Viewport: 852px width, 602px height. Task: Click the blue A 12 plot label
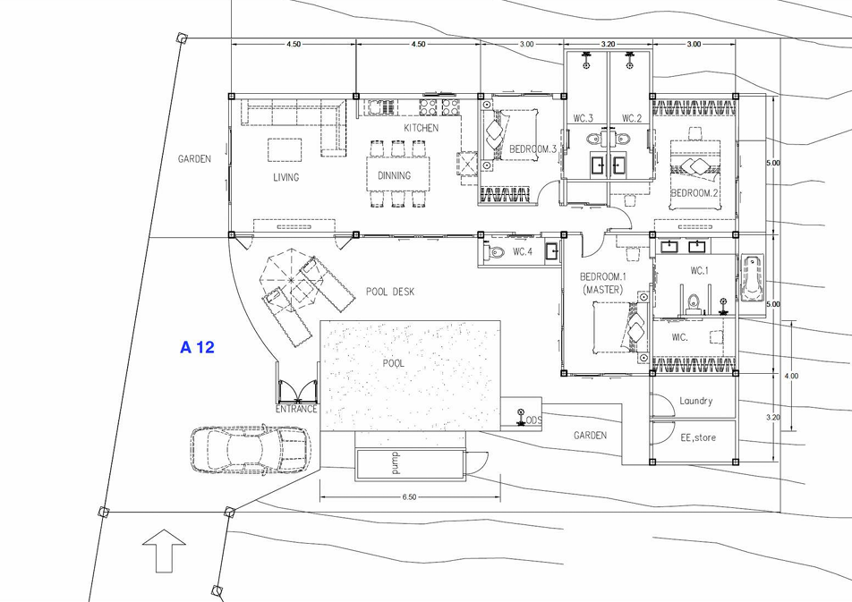pyautogui.click(x=197, y=347)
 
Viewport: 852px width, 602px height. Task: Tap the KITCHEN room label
pyautogui.click(x=422, y=128)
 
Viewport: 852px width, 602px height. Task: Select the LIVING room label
pyautogui.click(x=285, y=177)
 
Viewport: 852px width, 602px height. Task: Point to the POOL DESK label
pyautogui.click(x=390, y=292)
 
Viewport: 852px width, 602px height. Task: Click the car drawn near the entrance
pyautogui.click(x=250, y=449)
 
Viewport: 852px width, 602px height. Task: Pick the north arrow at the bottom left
pyautogui.click(x=164, y=551)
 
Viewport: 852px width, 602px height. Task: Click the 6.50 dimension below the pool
pyautogui.click(x=409, y=496)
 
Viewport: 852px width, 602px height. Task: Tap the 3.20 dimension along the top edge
pyautogui.click(x=608, y=44)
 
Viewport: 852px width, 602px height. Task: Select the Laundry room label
pyautogui.click(x=696, y=401)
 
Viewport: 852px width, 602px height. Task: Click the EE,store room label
pyautogui.click(x=698, y=437)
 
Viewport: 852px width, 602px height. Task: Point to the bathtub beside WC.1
pyautogui.click(x=752, y=277)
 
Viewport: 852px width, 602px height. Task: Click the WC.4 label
pyautogui.click(x=523, y=251)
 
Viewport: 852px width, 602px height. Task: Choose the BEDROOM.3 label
pyautogui.click(x=532, y=148)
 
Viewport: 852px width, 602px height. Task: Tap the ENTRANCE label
pyautogui.click(x=296, y=409)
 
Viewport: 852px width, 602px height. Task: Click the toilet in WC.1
pyautogui.click(x=693, y=304)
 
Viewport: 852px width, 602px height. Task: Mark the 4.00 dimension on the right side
pyautogui.click(x=791, y=376)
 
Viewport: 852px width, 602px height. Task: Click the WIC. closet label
pyautogui.click(x=680, y=337)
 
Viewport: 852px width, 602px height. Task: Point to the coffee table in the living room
pyautogui.click(x=285, y=150)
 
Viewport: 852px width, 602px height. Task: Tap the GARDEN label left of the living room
pyautogui.click(x=194, y=158)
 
